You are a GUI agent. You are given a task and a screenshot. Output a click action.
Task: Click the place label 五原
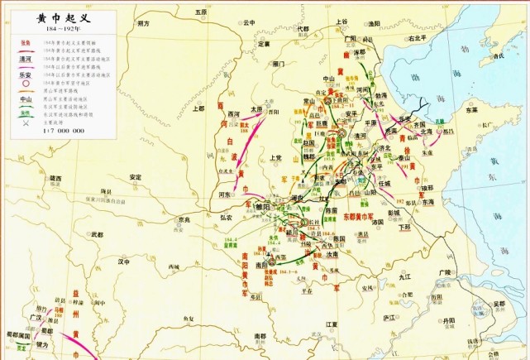(199, 12)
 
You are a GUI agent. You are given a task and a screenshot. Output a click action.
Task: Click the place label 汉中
(125, 261)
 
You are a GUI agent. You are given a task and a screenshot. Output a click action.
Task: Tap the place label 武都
(97, 236)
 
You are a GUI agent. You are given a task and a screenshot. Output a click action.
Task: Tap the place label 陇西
(55, 178)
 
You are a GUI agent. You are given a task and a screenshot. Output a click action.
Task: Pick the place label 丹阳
(449, 319)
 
